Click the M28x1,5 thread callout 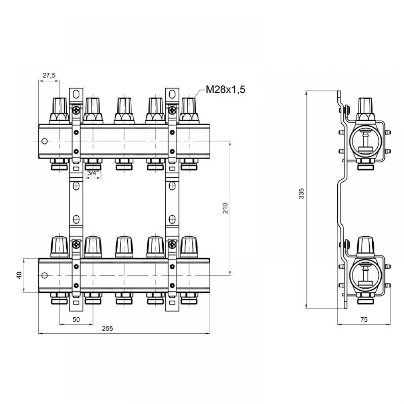(x=225, y=90)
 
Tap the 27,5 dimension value (x=49, y=75)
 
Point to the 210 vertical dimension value (x=225, y=208)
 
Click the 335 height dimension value (x=301, y=194)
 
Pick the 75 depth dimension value (x=364, y=320)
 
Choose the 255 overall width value (x=107, y=328)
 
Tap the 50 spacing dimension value (x=76, y=320)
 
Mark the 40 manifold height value (x=19, y=275)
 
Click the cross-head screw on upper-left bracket (x=76, y=111)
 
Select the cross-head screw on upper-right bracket (x=172, y=111)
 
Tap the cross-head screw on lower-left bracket (x=76, y=244)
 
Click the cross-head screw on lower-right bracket (x=172, y=244)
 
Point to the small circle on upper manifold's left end (x=44, y=141)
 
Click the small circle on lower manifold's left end (x=44, y=276)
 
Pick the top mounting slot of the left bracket (x=76, y=94)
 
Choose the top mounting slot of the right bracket (x=172, y=94)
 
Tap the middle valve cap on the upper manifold (x=124, y=110)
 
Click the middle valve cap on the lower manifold (x=124, y=247)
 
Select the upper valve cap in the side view (x=365, y=109)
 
